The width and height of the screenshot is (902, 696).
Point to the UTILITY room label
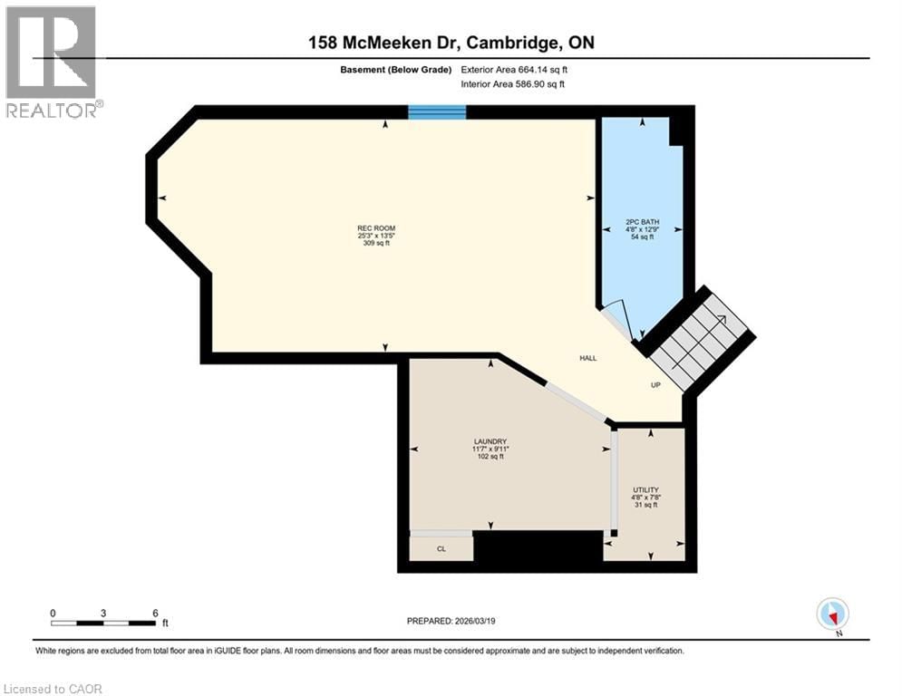[x=645, y=489]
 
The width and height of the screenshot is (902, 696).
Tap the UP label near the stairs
[x=655, y=385]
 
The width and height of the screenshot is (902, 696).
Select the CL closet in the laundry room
[x=441, y=548]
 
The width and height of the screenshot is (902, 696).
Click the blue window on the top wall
[x=436, y=112]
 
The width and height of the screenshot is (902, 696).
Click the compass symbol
[x=831, y=614]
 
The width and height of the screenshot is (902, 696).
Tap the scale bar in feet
[x=103, y=623]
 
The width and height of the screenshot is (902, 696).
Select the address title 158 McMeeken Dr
[x=450, y=43]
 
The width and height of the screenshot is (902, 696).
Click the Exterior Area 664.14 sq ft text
[x=515, y=69]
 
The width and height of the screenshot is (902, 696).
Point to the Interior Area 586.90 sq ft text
[x=513, y=84]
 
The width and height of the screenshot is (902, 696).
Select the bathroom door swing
[x=616, y=317]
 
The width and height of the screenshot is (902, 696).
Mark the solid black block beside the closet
[x=538, y=549]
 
